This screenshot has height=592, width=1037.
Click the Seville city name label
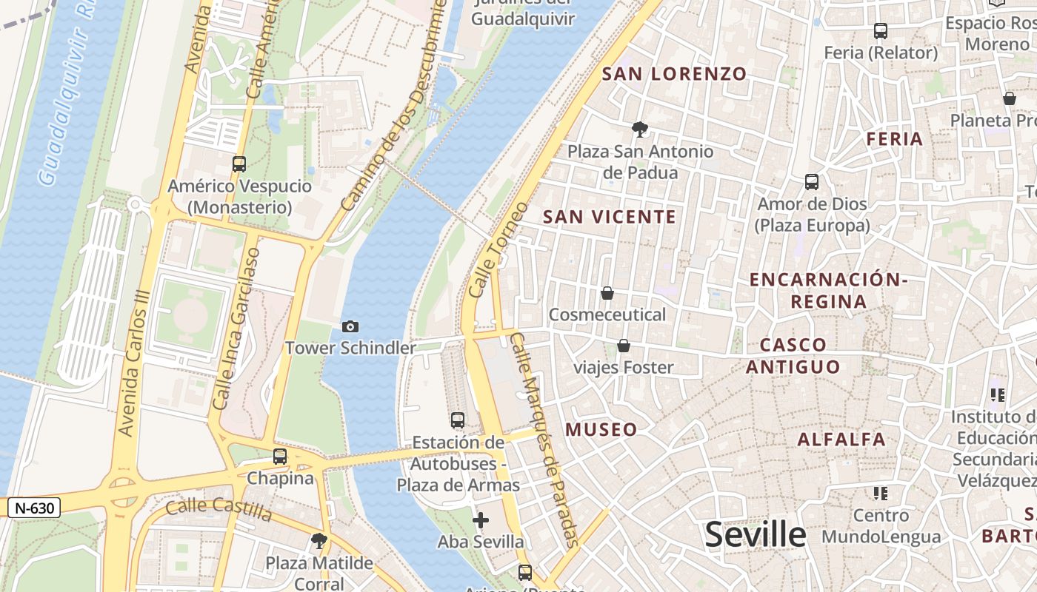(755, 534)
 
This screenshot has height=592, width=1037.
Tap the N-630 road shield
(34, 508)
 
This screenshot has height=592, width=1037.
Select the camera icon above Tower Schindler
(350, 326)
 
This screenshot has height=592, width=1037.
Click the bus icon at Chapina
(280, 457)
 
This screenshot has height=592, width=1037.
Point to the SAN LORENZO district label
(674, 74)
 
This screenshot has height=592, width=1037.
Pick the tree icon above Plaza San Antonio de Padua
(639, 130)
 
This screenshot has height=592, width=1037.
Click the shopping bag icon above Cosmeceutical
(607, 293)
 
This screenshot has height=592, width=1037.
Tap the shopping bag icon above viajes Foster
(624, 346)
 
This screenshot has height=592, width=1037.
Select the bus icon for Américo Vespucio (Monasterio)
(239, 164)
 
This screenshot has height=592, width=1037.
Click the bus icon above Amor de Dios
(812, 181)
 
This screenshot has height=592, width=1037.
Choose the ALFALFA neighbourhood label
(841, 440)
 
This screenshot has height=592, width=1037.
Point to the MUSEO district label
(601, 430)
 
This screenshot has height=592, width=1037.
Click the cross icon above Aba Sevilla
(481, 520)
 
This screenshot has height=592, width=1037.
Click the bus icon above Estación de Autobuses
(458, 420)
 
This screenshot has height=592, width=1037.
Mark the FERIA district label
(895, 139)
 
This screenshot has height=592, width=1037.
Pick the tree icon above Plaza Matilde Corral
(319, 541)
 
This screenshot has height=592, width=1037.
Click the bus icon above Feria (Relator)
(881, 31)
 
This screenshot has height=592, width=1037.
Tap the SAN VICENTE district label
(610, 217)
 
